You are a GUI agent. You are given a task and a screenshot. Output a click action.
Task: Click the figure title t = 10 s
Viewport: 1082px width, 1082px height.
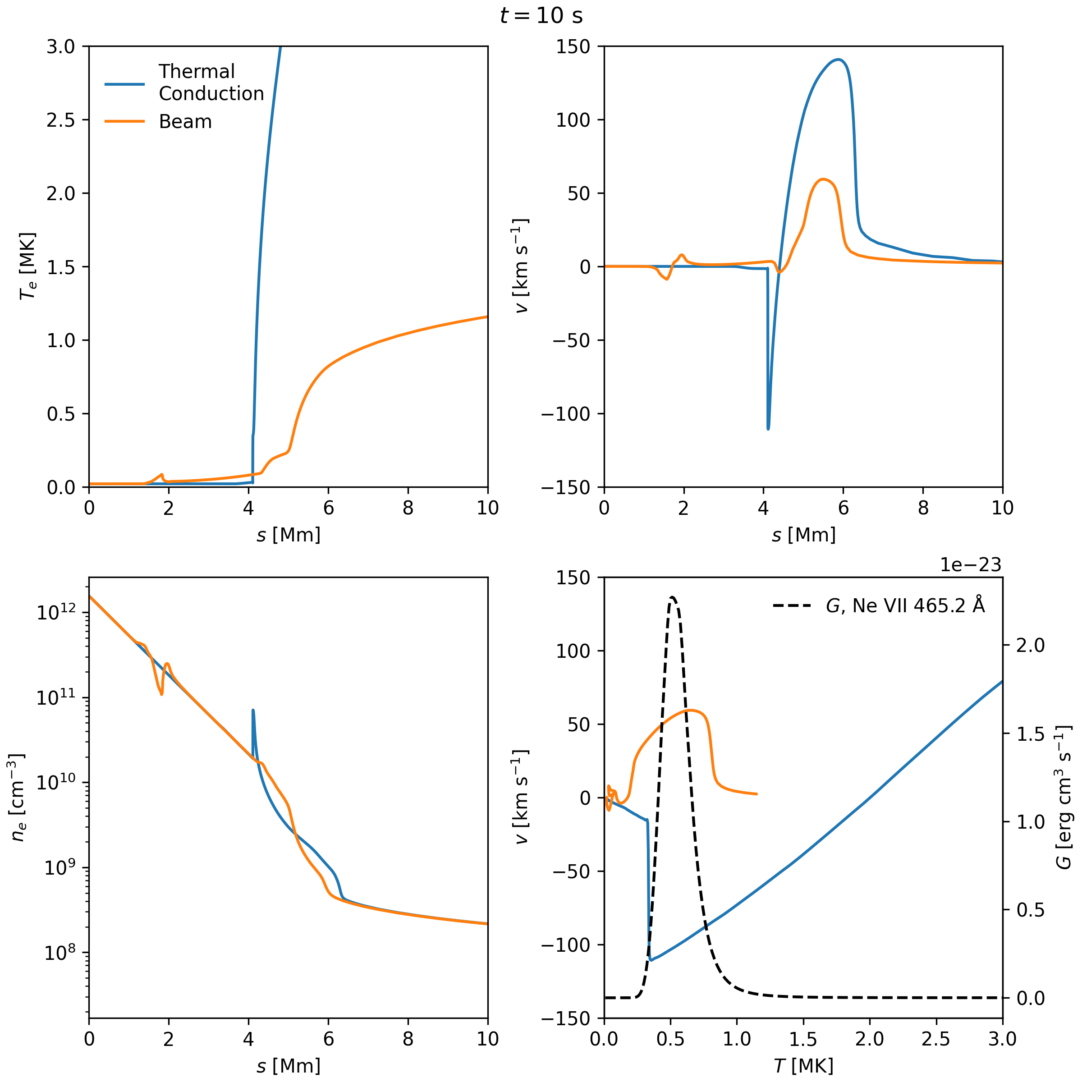pyautogui.click(x=541, y=16)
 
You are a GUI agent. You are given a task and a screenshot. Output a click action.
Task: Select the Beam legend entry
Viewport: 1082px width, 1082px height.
pyautogui.click(x=185, y=122)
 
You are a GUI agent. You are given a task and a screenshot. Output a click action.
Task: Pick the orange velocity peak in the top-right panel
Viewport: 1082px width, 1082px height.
pyautogui.click(x=822, y=179)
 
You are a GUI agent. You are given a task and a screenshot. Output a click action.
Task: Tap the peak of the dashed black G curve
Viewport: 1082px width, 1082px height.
pyautogui.click(x=672, y=597)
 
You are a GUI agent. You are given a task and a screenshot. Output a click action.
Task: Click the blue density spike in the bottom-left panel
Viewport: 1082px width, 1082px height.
pyautogui.click(x=253, y=711)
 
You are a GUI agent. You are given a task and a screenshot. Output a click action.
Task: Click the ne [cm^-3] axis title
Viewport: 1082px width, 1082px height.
pyautogui.click(x=18, y=798)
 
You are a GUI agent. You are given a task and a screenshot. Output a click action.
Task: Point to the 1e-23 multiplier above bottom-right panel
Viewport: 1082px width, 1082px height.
pyautogui.click(x=970, y=564)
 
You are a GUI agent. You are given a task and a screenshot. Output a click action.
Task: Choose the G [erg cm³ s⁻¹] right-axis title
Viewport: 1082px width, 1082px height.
pyautogui.click(x=1063, y=798)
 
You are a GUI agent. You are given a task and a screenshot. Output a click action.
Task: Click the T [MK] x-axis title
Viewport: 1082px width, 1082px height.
pyautogui.click(x=803, y=1065)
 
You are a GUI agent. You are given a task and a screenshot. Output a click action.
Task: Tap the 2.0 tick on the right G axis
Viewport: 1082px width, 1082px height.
pyautogui.click(x=1031, y=645)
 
